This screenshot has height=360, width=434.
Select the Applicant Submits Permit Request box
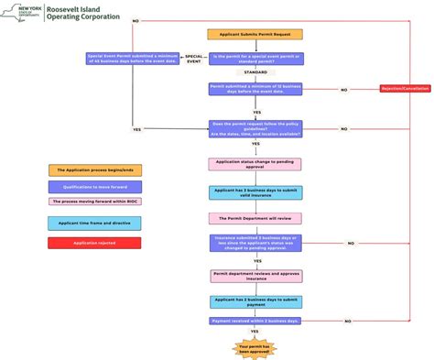pos(255,34)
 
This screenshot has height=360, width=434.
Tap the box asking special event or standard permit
pos(255,58)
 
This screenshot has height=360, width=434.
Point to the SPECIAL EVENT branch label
pos(194,58)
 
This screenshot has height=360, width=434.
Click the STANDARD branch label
pos(255,72)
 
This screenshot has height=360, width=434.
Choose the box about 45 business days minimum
pos(133,58)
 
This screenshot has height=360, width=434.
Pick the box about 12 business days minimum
pos(255,89)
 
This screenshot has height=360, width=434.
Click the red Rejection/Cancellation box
pos(405,89)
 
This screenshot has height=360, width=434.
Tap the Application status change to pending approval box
pos(255,164)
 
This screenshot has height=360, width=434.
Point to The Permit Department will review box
pos(255,219)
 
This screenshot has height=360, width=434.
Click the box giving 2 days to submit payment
pos(255,300)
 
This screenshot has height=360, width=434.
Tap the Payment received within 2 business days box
pos(255,322)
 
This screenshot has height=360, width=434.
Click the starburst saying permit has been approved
pos(255,347)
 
